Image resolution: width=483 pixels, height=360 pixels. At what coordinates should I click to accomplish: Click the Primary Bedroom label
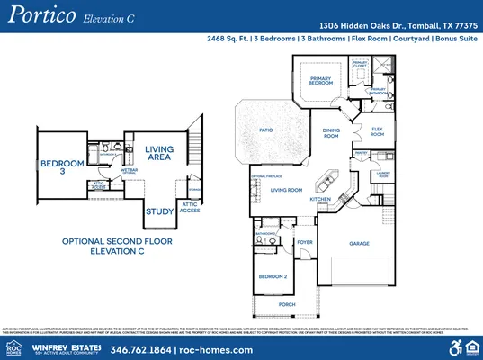point(321,81)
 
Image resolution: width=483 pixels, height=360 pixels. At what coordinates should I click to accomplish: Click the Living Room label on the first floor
point(286,190)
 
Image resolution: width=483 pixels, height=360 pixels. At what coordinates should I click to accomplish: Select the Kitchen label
point(321,198)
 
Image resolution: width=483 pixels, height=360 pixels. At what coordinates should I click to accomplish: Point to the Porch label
point(286,304)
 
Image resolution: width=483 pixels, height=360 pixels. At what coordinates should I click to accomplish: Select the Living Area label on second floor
point(158,154)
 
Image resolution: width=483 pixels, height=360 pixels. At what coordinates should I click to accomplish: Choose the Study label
point(159,212)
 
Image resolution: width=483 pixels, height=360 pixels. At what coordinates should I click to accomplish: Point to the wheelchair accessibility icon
point(453,346)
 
